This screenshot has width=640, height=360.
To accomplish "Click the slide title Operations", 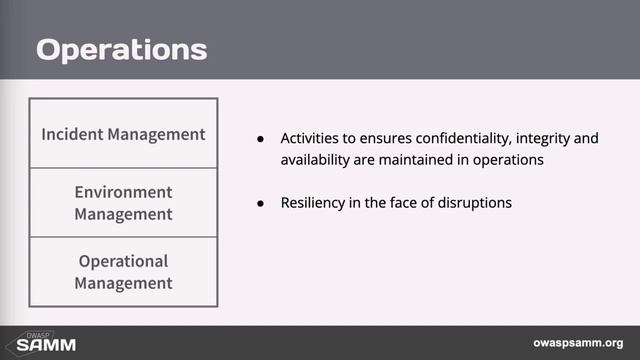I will [122, 49].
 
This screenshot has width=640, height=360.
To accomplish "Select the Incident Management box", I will [123, 133].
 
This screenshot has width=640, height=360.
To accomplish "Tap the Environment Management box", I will [123, 202].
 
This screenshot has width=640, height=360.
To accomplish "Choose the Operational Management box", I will [123, 271].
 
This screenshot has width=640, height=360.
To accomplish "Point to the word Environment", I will [123, 191].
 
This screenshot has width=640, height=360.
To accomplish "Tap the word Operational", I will [123, 261].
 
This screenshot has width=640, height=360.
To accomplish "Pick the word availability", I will [318, 160].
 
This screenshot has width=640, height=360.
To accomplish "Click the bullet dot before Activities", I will [261, 138].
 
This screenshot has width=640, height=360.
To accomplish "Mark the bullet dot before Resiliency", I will [261, 203].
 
